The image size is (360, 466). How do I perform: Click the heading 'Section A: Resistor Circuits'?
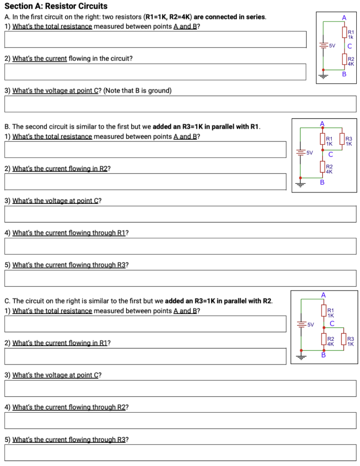(x=56, y=6)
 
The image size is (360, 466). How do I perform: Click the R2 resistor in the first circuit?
(x=345, y=61)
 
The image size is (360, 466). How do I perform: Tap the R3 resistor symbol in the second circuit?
(x=344, y=141)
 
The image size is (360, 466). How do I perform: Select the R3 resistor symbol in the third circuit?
(x=345, y=341)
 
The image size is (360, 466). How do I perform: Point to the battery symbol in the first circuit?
(x=324, y=46)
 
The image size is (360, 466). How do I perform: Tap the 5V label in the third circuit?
(x=310, y=324)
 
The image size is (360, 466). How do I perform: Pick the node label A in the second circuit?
(x=323, y=123)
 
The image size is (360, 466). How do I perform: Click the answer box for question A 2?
(x=155, y=71)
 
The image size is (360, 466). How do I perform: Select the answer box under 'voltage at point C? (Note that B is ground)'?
(x=180, y=104)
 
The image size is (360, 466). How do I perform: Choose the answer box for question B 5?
(x=180, y=278)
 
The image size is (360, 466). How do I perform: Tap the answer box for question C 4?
(x=180, y=420)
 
